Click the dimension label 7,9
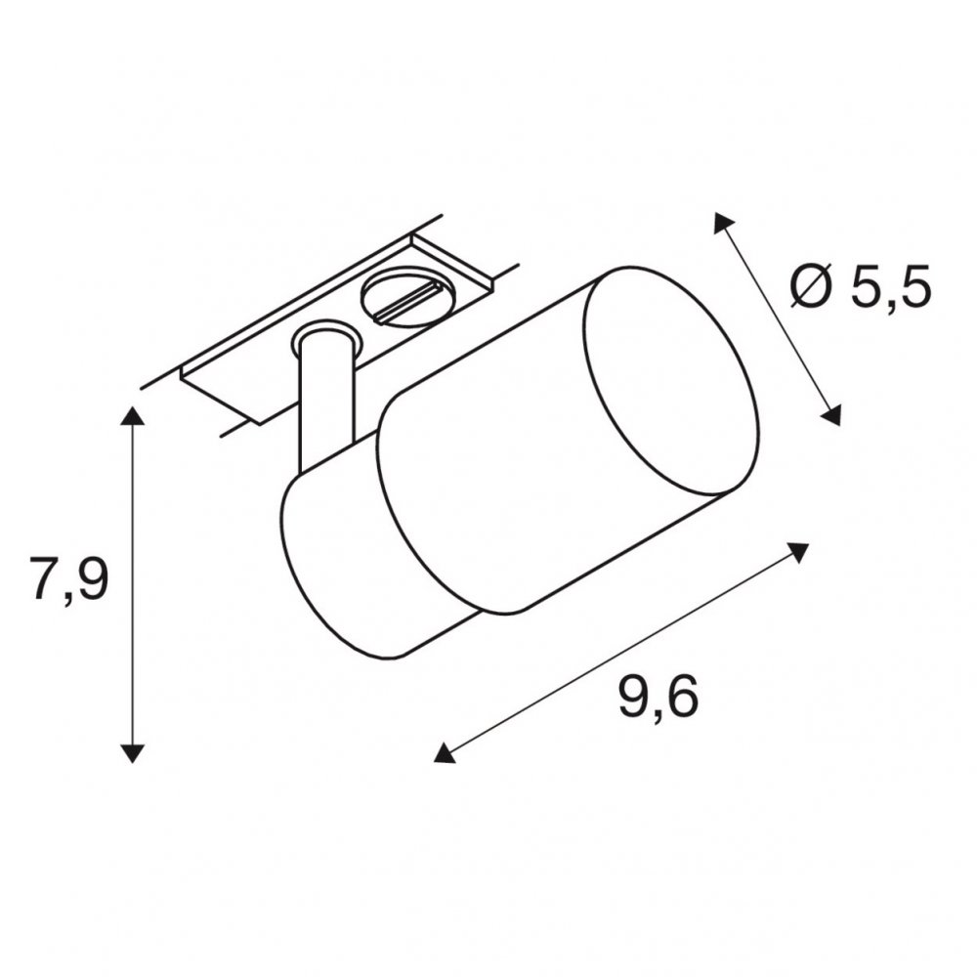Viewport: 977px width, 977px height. point(69,578)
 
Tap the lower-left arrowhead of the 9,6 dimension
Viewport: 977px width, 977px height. point(444,753)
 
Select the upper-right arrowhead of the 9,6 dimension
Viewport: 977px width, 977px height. point(798,551)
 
